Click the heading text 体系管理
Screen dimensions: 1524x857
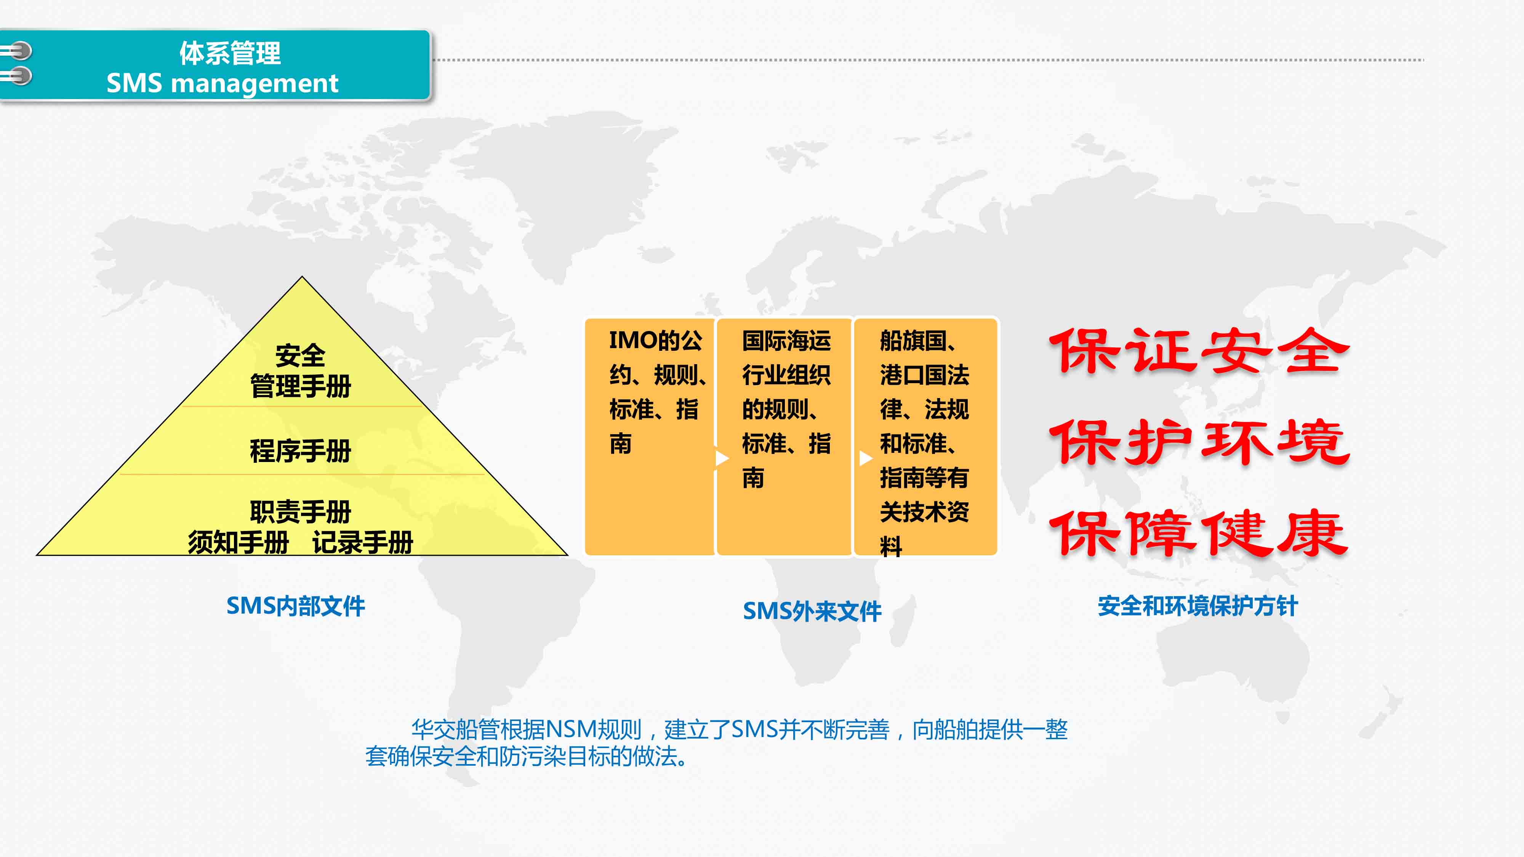click(x=230, y=53)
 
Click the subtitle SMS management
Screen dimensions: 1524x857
click(x=223, y=83)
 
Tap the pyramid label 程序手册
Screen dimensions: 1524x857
click(x=301, y=451)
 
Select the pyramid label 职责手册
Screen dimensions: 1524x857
click(x=301, y=512)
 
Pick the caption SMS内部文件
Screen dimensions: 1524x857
click(x=296, y=606)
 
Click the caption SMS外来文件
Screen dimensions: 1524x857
click(x=812, y=611)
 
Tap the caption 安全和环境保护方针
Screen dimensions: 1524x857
click(x=1198, y=606)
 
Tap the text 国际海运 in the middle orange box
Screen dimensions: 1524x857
click(x=787, y=341)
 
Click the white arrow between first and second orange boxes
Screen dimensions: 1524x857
click(x=722, y=458)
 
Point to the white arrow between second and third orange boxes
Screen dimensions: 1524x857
click(x=866, y=458)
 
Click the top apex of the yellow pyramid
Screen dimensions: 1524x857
click(x=302, y=277)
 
